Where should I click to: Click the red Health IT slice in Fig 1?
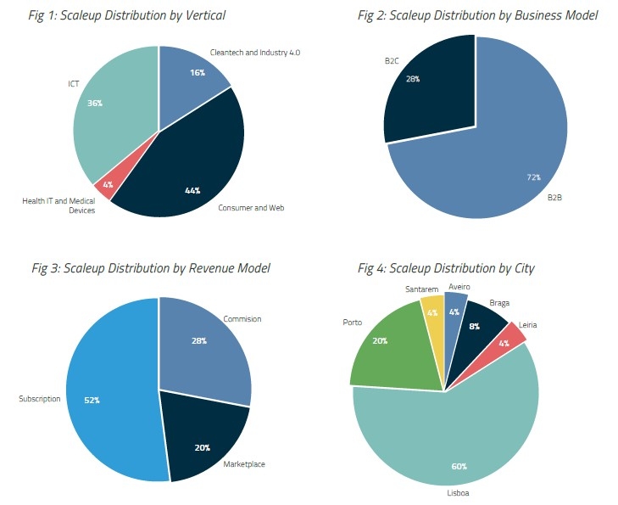(x=103, y=188)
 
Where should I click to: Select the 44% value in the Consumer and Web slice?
(x=192, y=190)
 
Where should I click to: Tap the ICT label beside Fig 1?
(x=74, y=83)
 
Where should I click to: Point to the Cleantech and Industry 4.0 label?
(x=255, y=53)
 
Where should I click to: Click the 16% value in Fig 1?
(x=195, y=73)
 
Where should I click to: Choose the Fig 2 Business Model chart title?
(x=478, y=15)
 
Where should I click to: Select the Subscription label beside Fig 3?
(x=39, y=398)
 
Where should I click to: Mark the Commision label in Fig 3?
(x=242, y=319)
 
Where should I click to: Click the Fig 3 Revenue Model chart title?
(x=151, y=268)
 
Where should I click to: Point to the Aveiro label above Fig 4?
(x=459, y=288)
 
